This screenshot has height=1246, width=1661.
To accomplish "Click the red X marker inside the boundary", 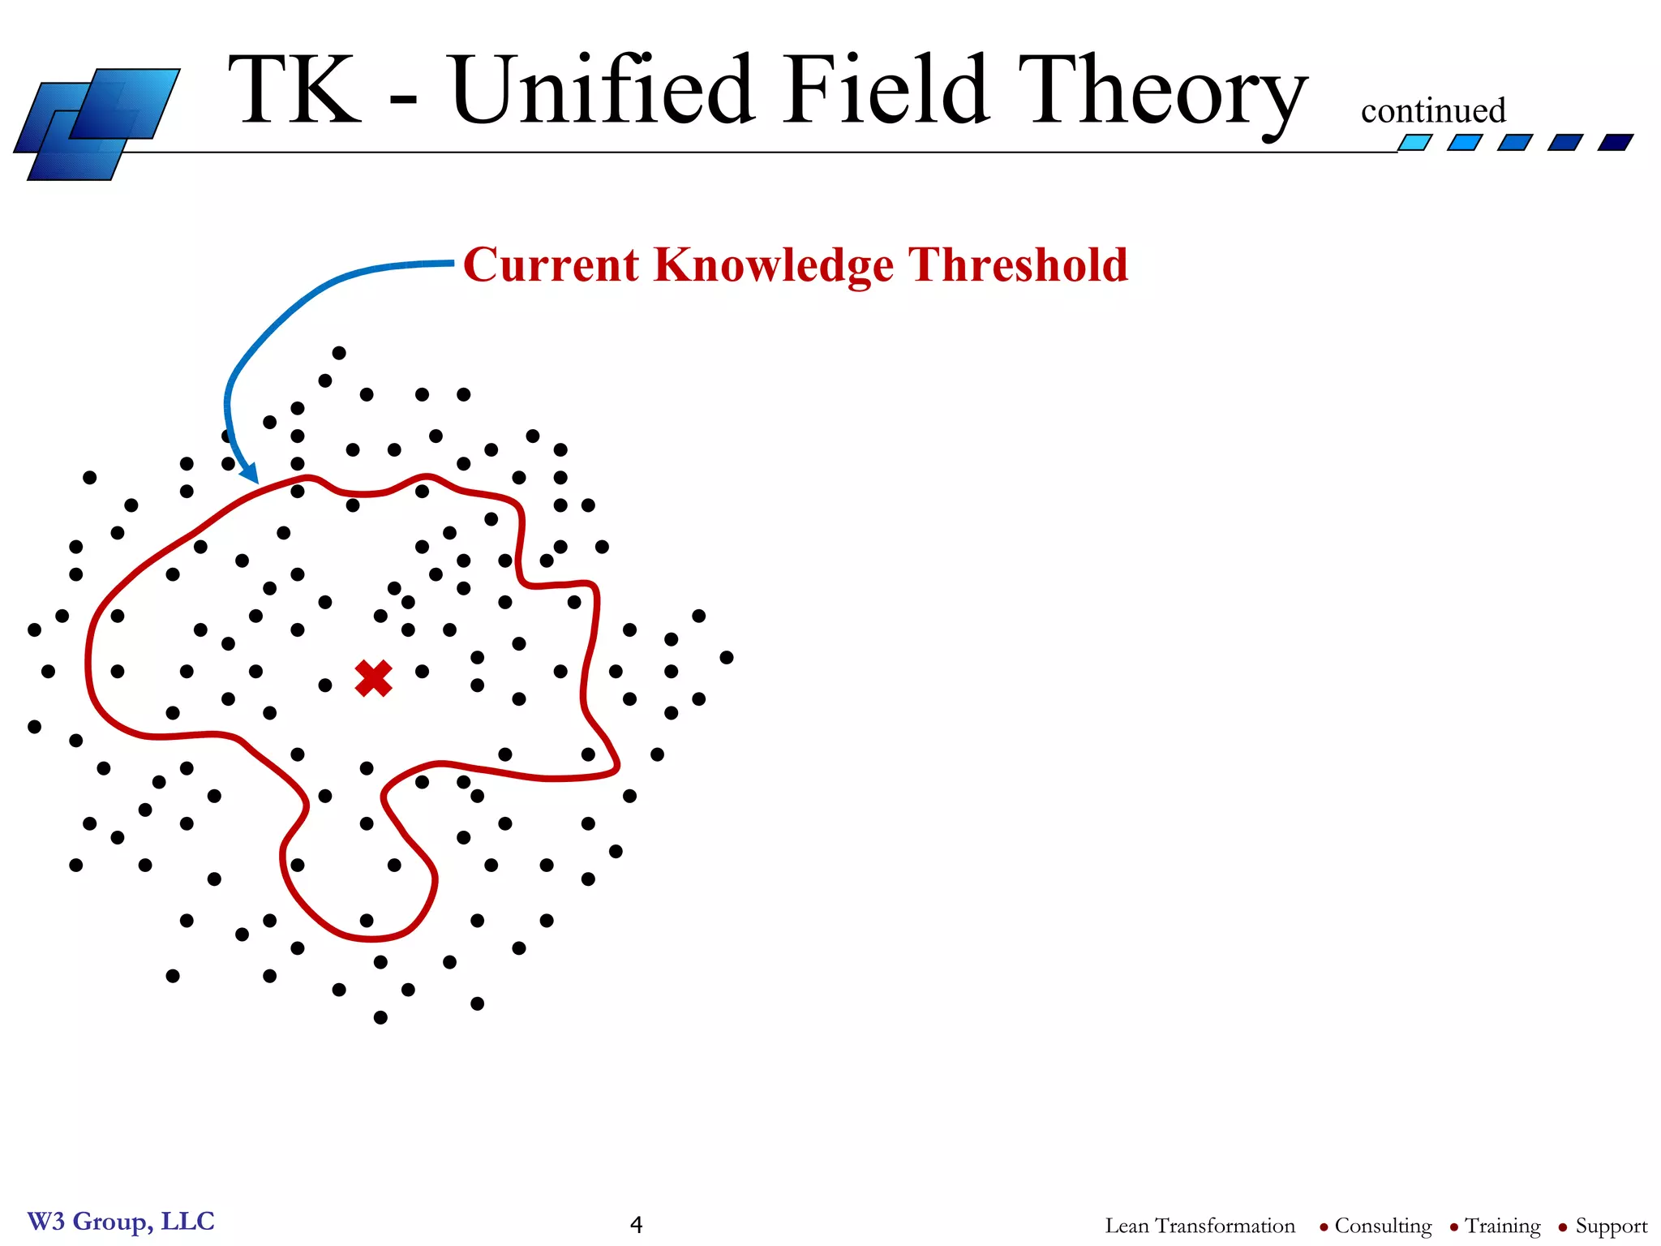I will coord(373,678).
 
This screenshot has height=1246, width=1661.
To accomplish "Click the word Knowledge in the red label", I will coord(773,266).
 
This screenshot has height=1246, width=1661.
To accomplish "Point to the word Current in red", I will coord(552,264).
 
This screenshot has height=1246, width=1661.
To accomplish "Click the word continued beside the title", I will coord(1432,111).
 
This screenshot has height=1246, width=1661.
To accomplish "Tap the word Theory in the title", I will coord(1161,91).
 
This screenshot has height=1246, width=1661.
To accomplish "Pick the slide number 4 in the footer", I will coord(636,1225).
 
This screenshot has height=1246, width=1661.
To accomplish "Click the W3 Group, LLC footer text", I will coord(121,1221).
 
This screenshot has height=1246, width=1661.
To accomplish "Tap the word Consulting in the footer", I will coord(1383,1226).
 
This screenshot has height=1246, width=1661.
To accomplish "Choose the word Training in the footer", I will coord(1502,1226).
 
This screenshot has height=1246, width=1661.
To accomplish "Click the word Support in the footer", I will coord(1611,1226).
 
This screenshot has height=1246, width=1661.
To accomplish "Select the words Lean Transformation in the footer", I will coord(1200,1226).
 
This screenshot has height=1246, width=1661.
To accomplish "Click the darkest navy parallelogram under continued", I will coord(1615,143).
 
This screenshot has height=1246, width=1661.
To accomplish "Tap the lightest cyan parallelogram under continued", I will coord(1414,143).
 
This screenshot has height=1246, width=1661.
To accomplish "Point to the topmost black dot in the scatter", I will coord(339,353).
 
